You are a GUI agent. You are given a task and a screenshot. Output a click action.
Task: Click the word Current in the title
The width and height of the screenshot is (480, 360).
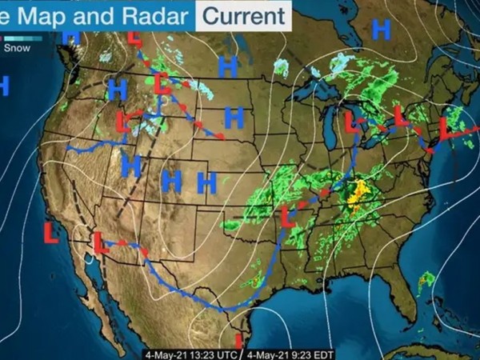pos(243,15)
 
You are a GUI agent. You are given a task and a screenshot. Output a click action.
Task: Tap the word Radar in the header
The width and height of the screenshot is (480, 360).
pos(155,15)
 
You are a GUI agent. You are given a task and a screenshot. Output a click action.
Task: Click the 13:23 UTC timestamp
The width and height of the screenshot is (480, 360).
pos(194,354)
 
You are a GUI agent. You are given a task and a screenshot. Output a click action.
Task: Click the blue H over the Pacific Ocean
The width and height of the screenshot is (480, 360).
pos(3,85)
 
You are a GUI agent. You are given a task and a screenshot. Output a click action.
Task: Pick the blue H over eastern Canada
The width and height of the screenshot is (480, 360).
pos(381,30)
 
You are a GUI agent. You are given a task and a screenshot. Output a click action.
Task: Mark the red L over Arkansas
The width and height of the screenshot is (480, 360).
pos(289,214)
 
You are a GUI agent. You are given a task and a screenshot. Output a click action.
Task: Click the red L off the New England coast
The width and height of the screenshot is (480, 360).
pos(446,127)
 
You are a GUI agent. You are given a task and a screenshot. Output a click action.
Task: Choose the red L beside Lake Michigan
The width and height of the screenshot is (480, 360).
pos(351,122)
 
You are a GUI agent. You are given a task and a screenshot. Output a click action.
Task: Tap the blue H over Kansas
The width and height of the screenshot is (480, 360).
pos(207,183)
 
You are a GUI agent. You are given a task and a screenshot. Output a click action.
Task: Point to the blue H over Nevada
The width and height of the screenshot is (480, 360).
pos(131,166)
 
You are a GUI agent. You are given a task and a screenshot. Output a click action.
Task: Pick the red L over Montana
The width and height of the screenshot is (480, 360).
pos(162,83)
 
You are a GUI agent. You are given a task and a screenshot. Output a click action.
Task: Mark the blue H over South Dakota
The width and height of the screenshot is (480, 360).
pos(234,118)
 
